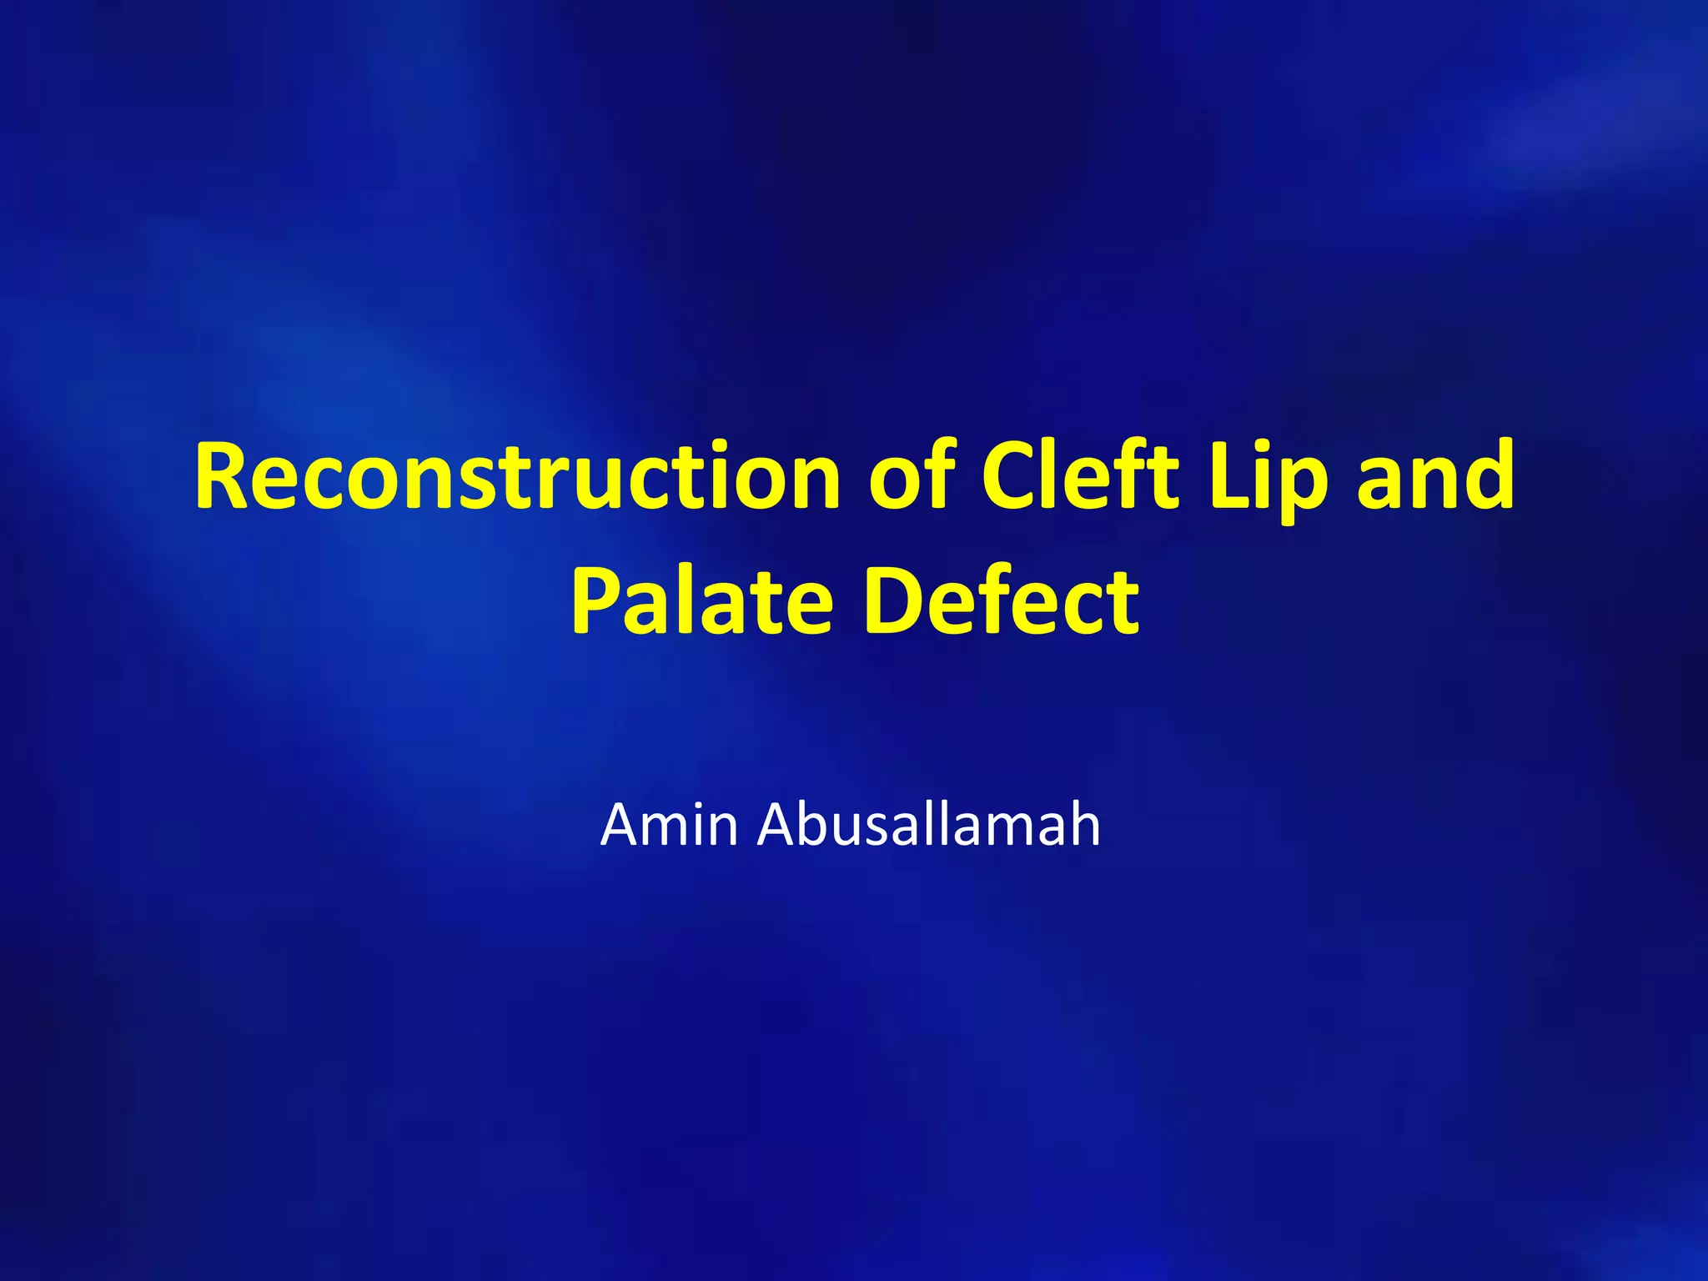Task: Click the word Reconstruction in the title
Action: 517,477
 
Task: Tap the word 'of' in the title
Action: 911,477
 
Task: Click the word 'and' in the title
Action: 1434,477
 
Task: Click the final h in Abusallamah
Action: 1083,824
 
